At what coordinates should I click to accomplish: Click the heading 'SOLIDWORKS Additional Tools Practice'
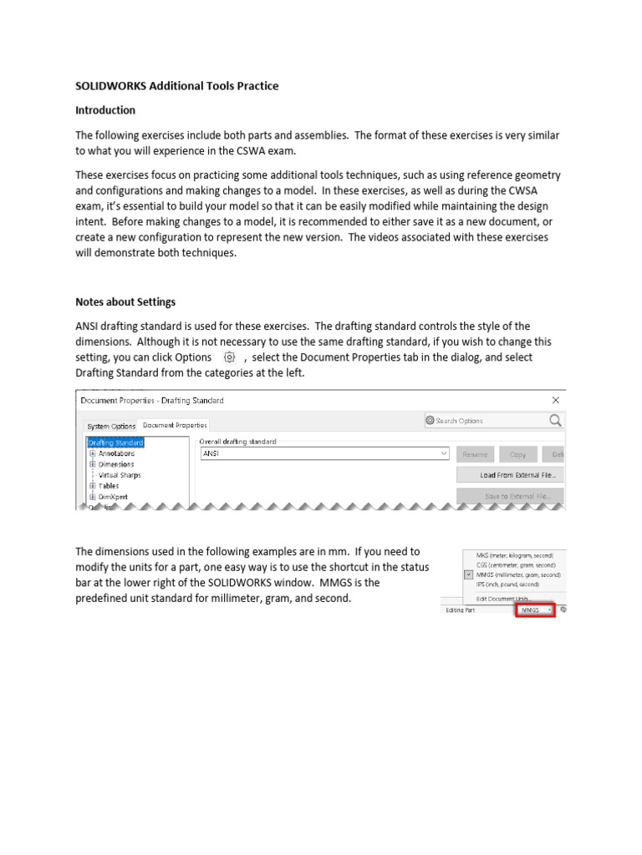click(x=177, y=86)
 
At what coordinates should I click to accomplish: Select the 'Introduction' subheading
click(x=105, y=110)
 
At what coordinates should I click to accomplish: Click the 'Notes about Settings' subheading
click(x=125, y=301)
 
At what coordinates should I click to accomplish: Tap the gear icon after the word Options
click(x=229, y=357)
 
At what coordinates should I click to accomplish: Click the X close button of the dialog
click(x=556, y=400)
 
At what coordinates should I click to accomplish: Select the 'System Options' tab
click(x=111, y=426)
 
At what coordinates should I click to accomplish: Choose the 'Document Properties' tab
click(x=174, y=425)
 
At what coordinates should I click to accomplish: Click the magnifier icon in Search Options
click(x=555, y=421)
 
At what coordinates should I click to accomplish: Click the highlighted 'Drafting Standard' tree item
click(x=115, y=443)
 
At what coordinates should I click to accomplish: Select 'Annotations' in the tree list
click(x=116, y=453)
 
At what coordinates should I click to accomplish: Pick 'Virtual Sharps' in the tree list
click(x=120, y=475)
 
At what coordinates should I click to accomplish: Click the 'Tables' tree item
click(x=109, y=485)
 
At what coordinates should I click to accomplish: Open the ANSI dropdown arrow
click(x=443, y=454)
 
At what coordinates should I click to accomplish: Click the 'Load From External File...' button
click(x=510, y=475)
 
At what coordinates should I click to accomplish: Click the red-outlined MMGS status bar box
click(x=534, y=610)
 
